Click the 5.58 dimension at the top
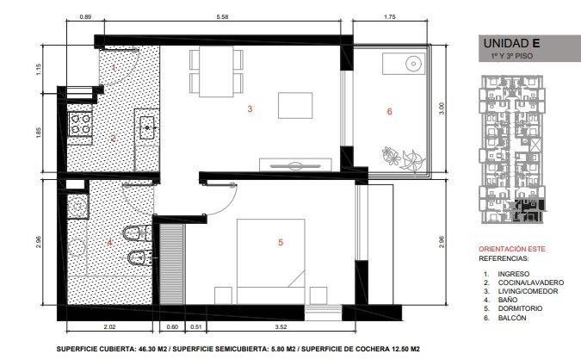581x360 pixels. pos(222,16)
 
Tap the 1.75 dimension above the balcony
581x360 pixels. pos(390,16)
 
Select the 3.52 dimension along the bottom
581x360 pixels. pos(281,327)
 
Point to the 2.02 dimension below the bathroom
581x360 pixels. pos(109,327)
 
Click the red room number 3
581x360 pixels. pos(250,109)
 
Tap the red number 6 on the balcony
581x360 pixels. pos(389,111)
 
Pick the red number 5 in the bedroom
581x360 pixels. pos(281,243)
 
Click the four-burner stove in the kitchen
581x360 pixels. pos(80,124)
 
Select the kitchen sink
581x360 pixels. pos(147,128)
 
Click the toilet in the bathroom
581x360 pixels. pos(137,233)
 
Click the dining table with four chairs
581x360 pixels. pos(216,71)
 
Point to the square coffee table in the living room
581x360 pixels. pos(295,106)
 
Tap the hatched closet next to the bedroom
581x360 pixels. pos(172,264)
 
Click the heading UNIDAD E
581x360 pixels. pos(511,43)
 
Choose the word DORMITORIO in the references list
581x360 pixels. pos(520,308)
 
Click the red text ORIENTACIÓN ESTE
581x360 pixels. pos(512,249)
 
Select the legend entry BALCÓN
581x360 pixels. pos(511,318)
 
